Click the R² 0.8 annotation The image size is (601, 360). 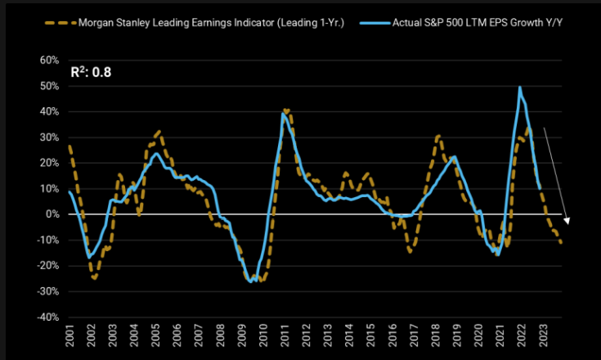(90, 72)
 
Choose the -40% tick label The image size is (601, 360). (44, 317)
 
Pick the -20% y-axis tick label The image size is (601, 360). (44, 266)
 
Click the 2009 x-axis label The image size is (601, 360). (243, 336)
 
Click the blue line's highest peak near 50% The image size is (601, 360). (520, 87)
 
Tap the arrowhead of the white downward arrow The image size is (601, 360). (567, 220)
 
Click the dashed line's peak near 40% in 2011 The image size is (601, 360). (286, 110)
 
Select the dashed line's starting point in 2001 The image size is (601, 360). (70, 146)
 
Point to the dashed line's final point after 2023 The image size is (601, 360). (561, 242)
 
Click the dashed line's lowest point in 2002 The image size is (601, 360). (95, 278)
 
